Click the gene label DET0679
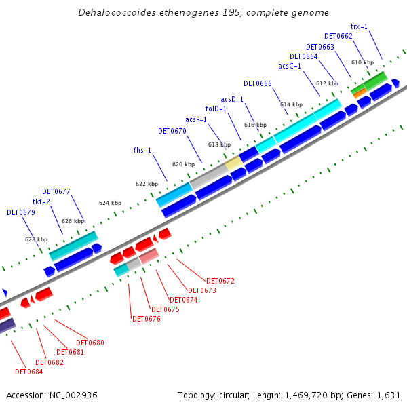pyautogui.click(x=20, y=212)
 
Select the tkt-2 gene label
pyautogui.click(x=41, y=201)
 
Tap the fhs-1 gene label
pyautogui.click(x=142, y=150)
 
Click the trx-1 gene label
pyautogui.click(x=359, y=26)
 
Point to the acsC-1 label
pyautogui.click(x=290, y=66)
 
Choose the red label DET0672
pyautogui.click(x=220, y=280)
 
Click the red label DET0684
pyautogui.click(x=28, y=371)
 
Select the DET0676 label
pyautogui.click(x=147, y=319)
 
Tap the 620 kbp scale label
pyautogui.click(x=183, y=164)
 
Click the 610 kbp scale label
pyautogui.click(x=363, y=62)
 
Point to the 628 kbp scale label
pyautogui.click(x=37, y=239)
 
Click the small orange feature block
pyautogui.click(x=360, y=92)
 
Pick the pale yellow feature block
pyautogui.click(x=233, y=163)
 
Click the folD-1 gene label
pyautogui.click(x=216, y=109)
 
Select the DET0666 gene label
pyautogui.click(x=258, y=83)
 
